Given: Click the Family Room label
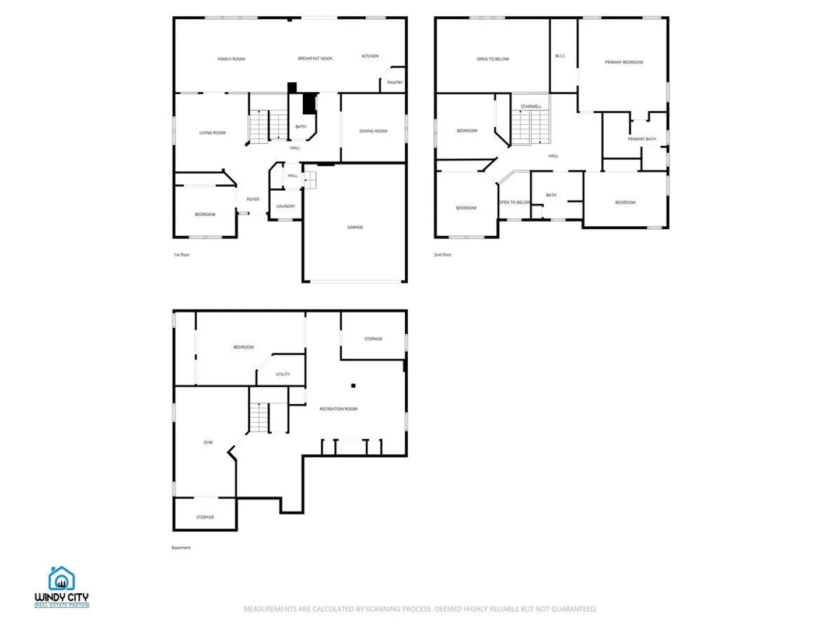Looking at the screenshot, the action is tap(231, 59).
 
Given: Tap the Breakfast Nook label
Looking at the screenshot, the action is tap(315, 58).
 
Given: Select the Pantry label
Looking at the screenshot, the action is tap(395, 83).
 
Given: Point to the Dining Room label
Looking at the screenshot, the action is tap(373, 131).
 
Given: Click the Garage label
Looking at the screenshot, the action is tap(355, 228).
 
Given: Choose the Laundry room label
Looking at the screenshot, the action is tap(285, 206).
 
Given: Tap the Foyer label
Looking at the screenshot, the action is tap(253, 199).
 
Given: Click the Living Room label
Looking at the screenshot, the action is tap(212, 133).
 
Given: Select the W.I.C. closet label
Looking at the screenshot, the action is tap(560, 56).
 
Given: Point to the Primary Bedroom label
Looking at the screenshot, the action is tap(624, 62).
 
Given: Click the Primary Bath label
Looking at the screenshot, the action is tap(642, 139).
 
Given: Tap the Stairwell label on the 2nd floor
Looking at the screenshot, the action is tap(531, 106).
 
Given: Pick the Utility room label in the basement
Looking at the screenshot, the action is tap(282, 374).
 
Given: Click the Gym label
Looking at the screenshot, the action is tap(208, 442).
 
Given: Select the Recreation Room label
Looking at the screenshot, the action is tap(338, 409).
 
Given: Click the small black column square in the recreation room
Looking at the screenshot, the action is tap(353, 386).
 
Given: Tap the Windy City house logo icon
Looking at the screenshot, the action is tap(61, 578).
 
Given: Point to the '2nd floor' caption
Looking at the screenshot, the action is tap(442, 255).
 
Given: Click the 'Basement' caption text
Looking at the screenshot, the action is tap(181, 548).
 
